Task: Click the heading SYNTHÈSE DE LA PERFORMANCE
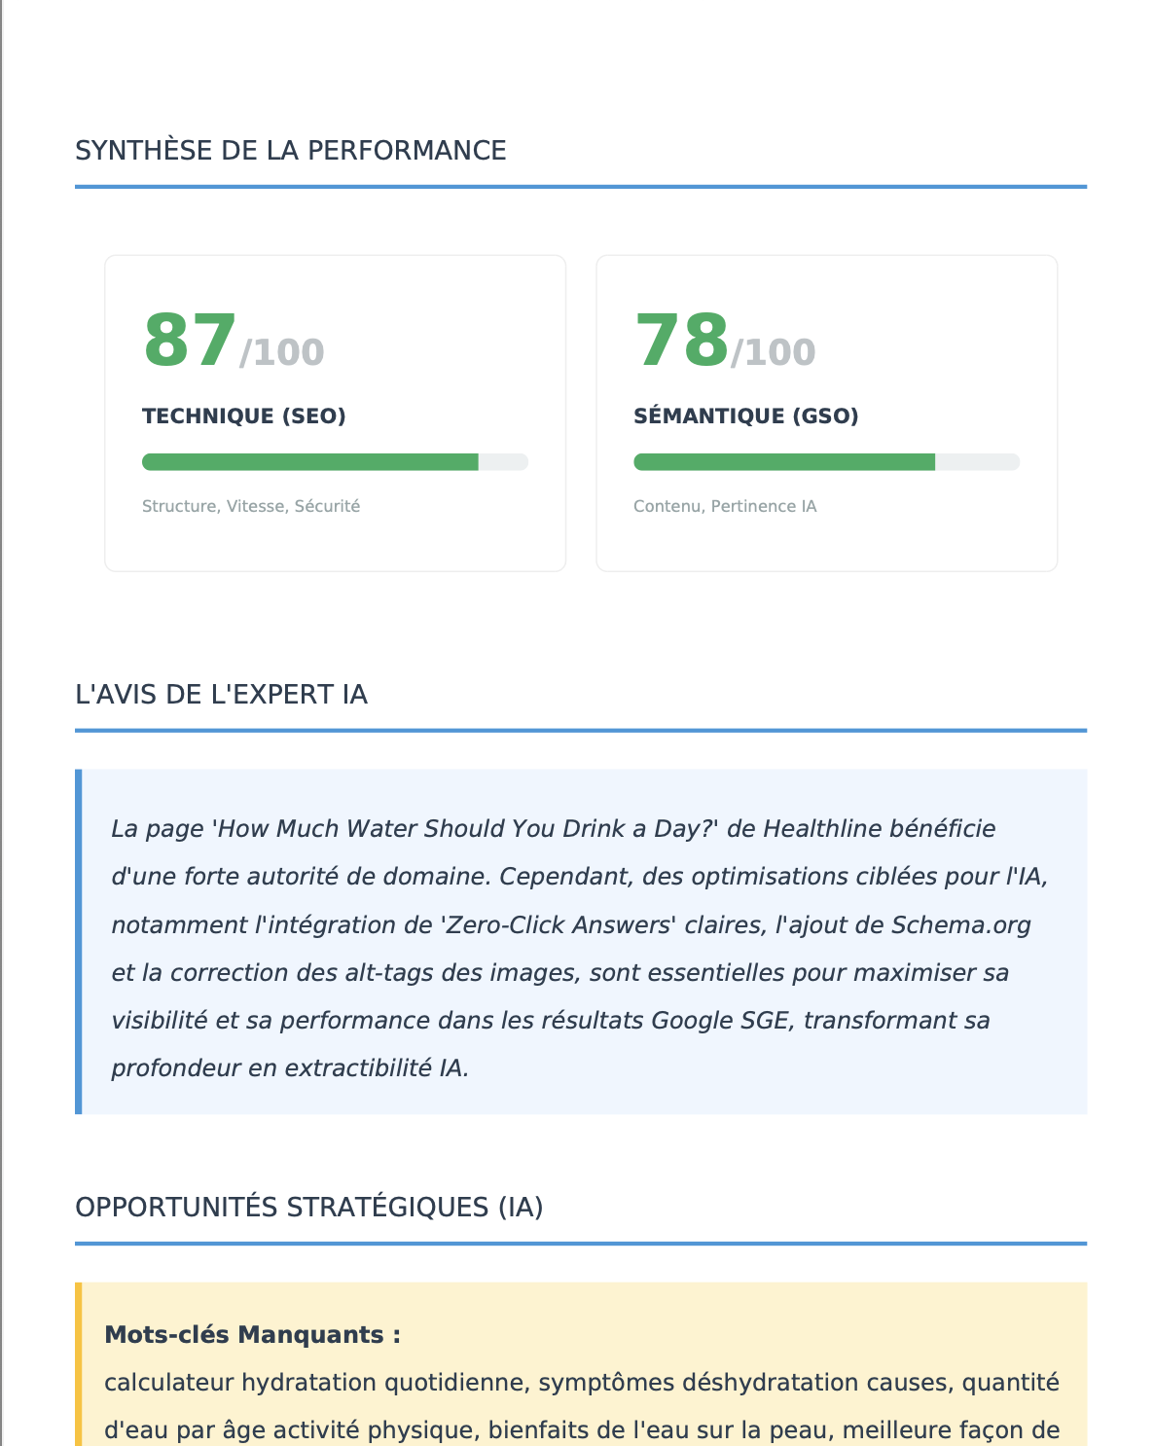coord(290,151)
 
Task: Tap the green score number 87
coord(190,342)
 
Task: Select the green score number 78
coord(681,342)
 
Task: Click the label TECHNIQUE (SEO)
coord(244,416)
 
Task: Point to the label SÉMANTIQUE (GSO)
coord(745,416)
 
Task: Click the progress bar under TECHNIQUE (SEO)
coord(335,462)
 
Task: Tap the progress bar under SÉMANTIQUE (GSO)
coord(826,462)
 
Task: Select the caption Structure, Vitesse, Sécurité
coord(251,506)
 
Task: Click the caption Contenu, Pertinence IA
coord(725,506)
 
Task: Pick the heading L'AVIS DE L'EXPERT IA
coord(221,695)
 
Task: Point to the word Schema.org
coord(960,924)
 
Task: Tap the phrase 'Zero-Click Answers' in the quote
coord(559,924)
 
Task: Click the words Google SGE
coord(720,1021)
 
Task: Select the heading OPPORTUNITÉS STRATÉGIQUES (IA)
coord(308,1208)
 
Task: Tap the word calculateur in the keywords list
coord(169,1383)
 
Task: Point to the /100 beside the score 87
coord(282,352)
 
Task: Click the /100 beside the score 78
coord(774,352)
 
